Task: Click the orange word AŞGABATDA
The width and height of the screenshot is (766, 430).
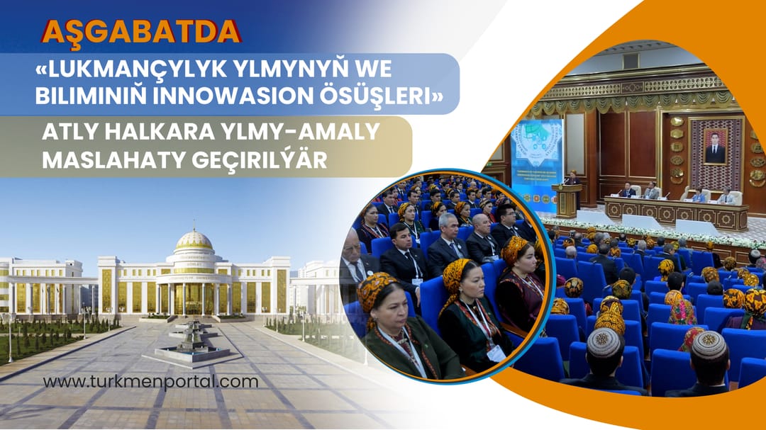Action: coord(141,30)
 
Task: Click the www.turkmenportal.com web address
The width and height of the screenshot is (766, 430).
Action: coord(150,382)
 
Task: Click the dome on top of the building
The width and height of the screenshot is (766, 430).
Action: coord(194,241)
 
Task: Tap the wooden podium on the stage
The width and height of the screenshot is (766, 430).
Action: coord(567,200)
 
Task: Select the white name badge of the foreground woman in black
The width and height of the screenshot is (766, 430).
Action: coord(496,352)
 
